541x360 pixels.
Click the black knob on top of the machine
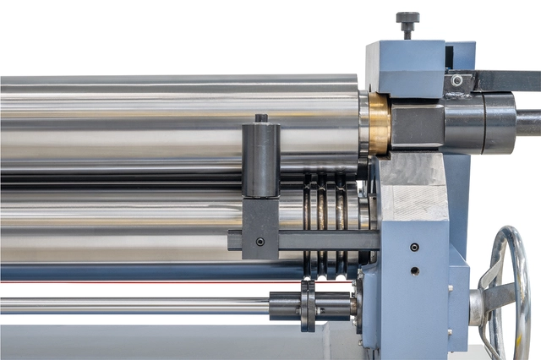[x=407, y=19]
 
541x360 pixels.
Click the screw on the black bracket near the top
[x=457, y=81]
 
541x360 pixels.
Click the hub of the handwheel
[x=479, y=303]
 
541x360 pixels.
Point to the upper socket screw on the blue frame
[x=414, y=248]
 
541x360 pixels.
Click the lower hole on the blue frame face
[x=414, y=270]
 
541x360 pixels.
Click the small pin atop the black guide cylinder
[x=261, y=118]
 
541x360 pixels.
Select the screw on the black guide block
[x=260, y=242]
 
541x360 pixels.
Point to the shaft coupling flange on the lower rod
[x=308, y=305]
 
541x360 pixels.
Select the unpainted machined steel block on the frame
[x=413, y=190]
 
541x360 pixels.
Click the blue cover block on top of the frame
[x=406, y=68]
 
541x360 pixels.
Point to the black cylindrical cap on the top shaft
[x=486, y=123]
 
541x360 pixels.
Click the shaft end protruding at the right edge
[x=529, y=123]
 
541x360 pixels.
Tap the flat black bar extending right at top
[x=507, y=80]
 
